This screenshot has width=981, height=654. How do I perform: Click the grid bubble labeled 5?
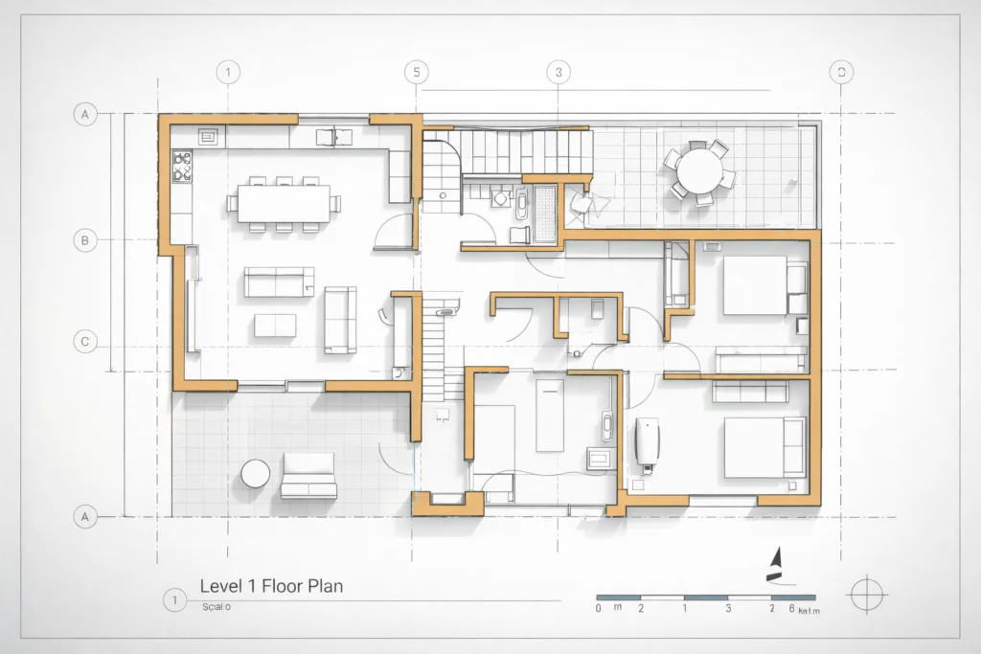point(416,72)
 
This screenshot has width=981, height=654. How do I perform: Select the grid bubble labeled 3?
point(558,72)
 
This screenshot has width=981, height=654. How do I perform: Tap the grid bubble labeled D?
point(841,72)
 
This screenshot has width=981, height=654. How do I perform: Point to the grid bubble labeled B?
point(85,240)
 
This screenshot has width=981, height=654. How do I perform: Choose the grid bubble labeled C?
point(85,342)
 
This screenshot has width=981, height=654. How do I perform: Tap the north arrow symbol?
point(777,565)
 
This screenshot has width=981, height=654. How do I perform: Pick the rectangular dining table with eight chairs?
point(284,202)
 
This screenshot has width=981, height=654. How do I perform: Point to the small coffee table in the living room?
point(275,325)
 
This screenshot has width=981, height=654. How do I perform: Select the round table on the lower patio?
point(256,474)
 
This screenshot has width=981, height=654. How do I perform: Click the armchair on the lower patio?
point(309,476)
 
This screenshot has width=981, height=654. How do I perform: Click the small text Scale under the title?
point(216,607)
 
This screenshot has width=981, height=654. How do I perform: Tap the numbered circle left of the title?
point(173,600)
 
